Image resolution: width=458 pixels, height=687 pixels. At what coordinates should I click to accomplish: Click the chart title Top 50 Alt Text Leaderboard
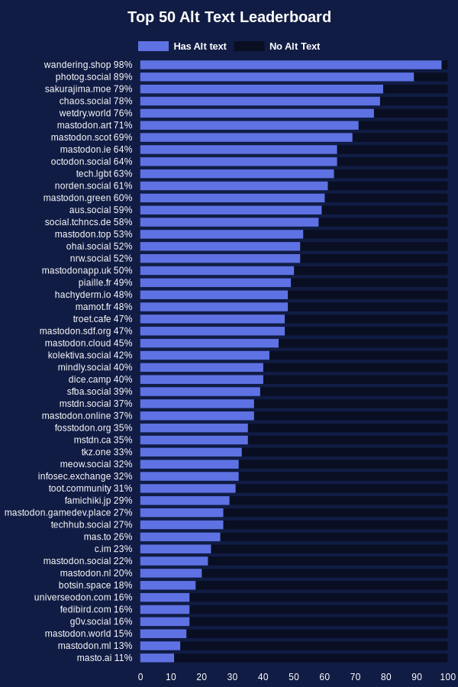point(229,17)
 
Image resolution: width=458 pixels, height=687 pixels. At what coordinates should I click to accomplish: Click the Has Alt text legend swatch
point(153,46)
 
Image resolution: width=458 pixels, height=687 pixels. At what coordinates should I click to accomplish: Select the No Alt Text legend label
point(295,46)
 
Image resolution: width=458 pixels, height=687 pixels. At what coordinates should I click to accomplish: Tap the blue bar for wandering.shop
point(290,65)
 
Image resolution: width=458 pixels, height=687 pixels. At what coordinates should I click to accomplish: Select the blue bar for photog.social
point(276,77)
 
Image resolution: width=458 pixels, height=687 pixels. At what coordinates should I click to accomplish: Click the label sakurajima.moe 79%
point(89,89)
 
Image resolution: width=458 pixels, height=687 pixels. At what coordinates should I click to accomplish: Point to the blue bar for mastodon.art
point(249,125)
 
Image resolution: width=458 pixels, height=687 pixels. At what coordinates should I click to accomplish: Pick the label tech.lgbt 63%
point(104,174)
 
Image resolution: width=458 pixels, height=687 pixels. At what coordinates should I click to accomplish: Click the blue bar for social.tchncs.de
point(229,222)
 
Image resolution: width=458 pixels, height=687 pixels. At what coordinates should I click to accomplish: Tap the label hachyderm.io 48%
point(93,295)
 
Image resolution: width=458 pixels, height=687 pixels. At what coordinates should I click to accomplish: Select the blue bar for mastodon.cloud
point(209,343)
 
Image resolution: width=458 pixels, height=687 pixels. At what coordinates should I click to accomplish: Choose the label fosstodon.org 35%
point(93,428)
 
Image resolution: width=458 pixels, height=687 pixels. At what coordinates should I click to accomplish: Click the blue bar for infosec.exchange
point(189,476)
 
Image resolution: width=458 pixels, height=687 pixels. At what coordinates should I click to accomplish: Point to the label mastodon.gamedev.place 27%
point(68,513)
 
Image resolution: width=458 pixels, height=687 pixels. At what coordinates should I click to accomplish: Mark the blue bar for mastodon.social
point(174,561)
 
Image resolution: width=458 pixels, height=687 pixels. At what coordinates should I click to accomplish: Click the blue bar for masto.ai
point(157,658)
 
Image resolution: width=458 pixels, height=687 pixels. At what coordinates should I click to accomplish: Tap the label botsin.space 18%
point(95,585)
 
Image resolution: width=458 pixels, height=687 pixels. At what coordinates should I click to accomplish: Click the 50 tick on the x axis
point(294,676)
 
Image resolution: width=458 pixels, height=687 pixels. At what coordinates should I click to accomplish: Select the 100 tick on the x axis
point(448,676)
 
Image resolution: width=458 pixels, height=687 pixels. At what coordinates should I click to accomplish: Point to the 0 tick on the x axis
point(140,676)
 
